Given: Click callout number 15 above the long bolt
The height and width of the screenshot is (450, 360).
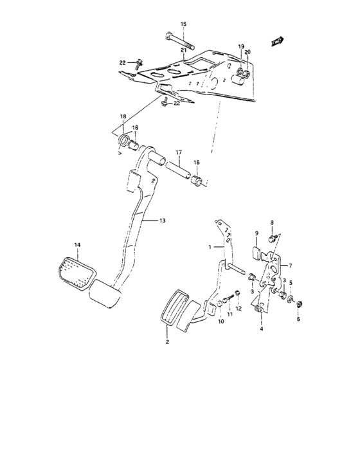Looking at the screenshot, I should tap(183, 24).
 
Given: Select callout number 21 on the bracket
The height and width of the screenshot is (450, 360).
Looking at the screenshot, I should tap(183, 50).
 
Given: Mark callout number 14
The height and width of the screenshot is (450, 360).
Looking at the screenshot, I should tap(77, 245).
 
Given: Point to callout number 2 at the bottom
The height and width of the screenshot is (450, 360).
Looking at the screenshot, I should tap(167, 343).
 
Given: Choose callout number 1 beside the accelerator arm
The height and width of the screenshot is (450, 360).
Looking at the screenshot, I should tap(210, 246).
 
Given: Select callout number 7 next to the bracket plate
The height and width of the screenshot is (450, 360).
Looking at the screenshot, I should tap(290, 265).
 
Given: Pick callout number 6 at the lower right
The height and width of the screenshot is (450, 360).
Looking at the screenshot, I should tap(298, 318).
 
